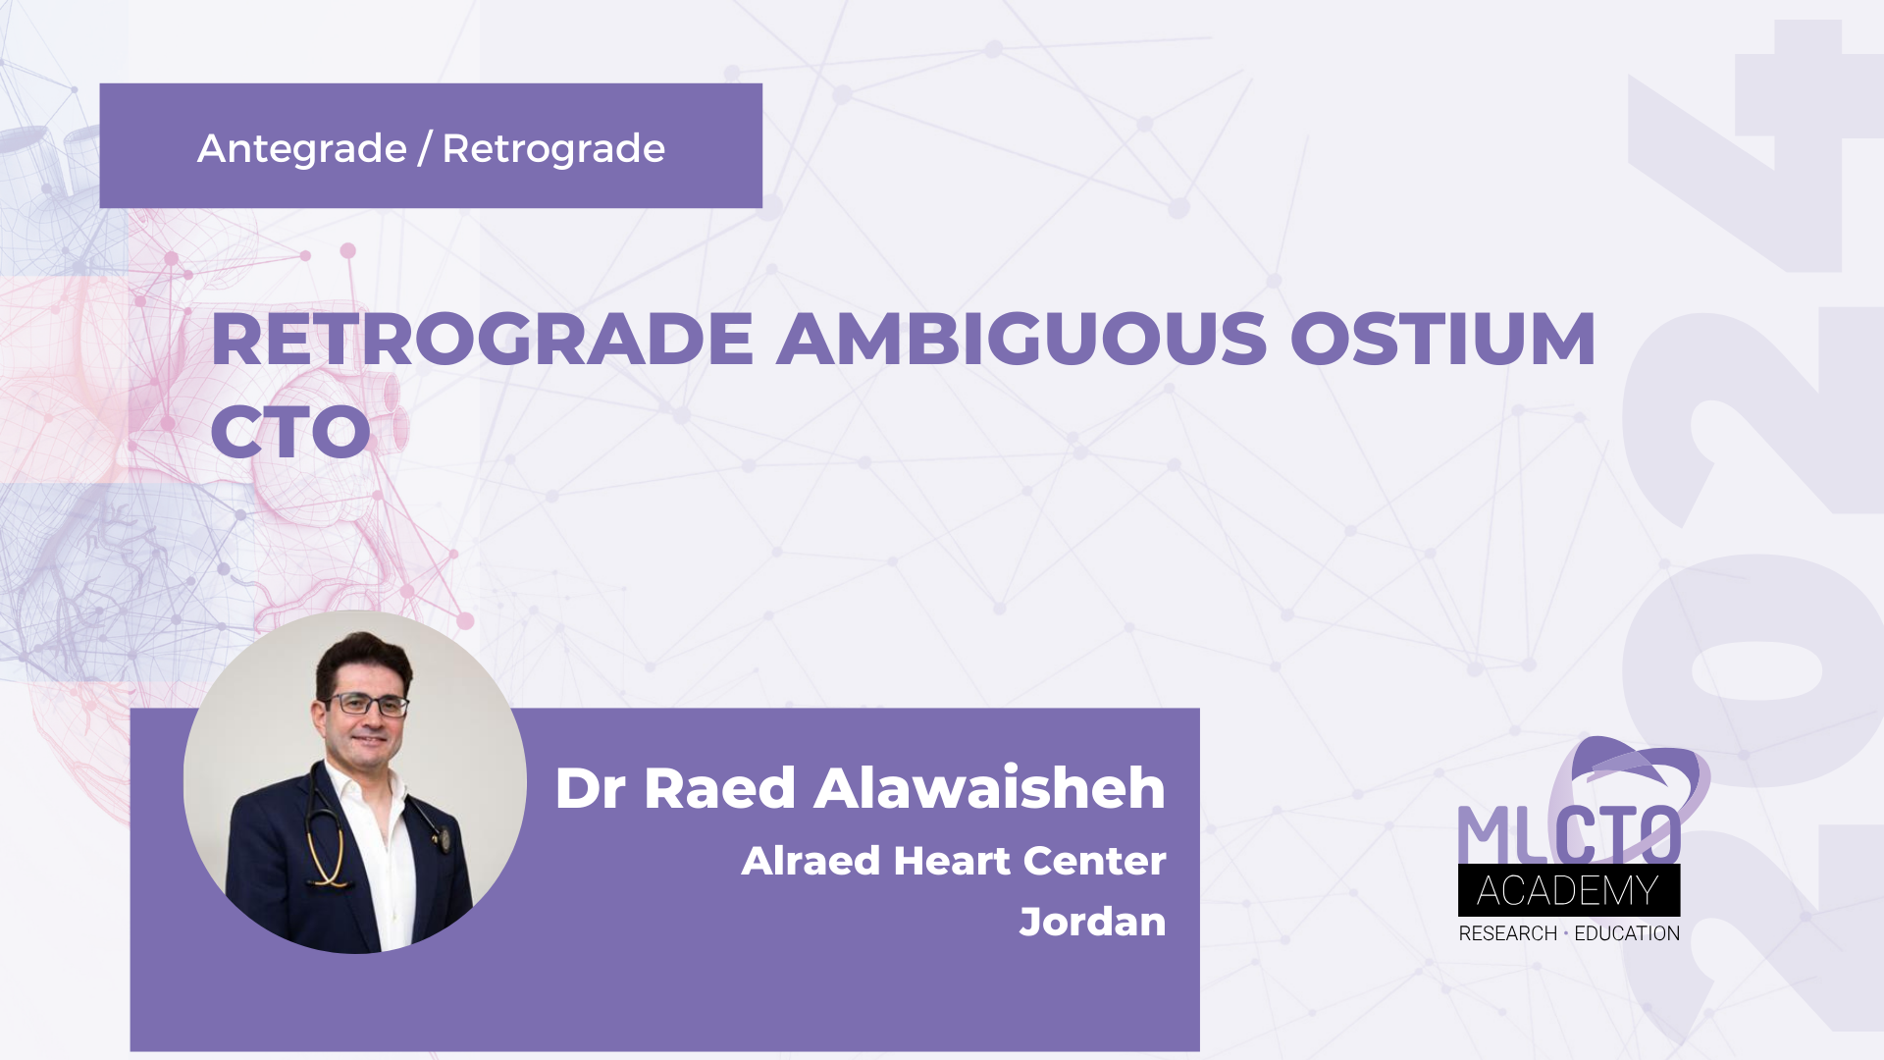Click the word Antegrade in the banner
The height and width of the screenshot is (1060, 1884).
(x=301, y=149)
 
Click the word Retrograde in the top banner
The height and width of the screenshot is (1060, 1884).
(x=553, y=149)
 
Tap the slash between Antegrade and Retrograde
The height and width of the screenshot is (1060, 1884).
(x=424, y=149)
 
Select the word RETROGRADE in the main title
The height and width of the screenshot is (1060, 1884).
(x=481, y=340)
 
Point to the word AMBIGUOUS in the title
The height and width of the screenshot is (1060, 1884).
(x=1021, y=340)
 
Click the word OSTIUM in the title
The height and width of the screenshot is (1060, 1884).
(x=1442, y=340)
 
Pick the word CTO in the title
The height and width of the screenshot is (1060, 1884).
(x=290, y=432)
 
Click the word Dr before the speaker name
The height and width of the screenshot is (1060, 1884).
(x=591, y=788)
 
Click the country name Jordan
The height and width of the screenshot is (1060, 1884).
(x=1092, y=923)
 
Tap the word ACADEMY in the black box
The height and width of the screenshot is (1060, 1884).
(x=1568, y=891)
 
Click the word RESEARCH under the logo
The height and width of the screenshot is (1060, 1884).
(x=1507, y=933)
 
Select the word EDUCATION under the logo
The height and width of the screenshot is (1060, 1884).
(x=1627, y=933)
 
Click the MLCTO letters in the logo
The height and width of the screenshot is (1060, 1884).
(x=1568, y=834)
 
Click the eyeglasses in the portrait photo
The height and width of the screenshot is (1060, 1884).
(x=367, y=704)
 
